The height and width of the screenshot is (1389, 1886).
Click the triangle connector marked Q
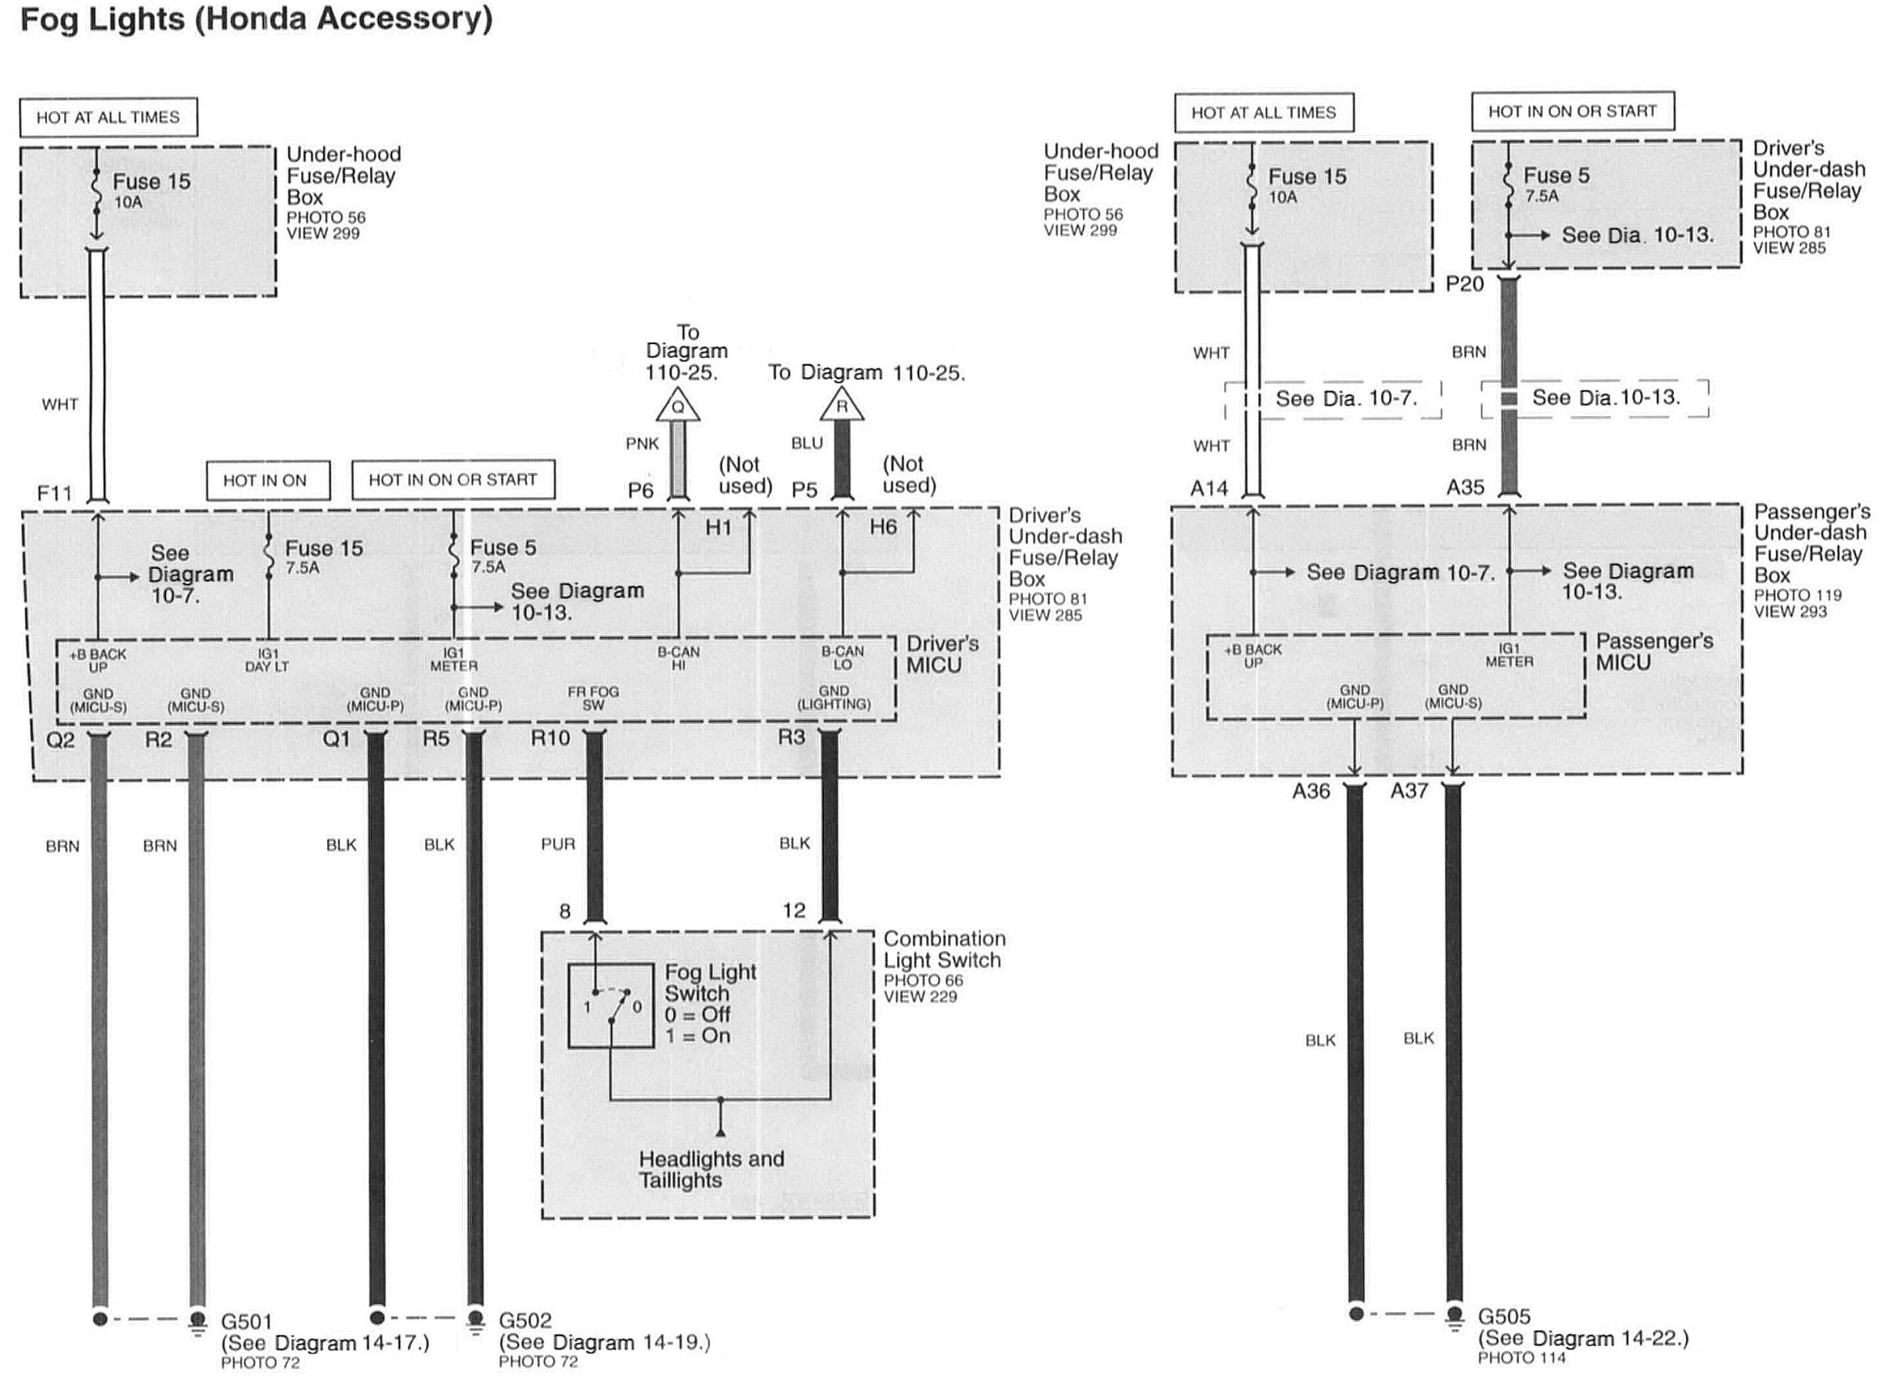pos(677,407)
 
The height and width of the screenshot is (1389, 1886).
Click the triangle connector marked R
pos(842,407)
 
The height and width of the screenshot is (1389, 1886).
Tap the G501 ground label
pos(246,1322)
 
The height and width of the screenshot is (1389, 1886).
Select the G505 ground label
pos(1503,1316)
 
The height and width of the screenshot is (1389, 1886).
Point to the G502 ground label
pos(525,1321)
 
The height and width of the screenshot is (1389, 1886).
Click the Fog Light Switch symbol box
pos(611,1005)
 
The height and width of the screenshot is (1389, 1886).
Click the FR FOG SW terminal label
pos(592,698)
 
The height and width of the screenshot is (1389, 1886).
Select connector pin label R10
pos(550,738)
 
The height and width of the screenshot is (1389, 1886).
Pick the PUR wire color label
pos(558,844)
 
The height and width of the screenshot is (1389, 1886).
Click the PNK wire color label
pos(642,444)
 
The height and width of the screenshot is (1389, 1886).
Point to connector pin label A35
pos(1465,487)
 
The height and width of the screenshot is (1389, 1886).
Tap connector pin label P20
pos(1464,284)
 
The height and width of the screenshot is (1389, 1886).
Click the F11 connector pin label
pos(55,492)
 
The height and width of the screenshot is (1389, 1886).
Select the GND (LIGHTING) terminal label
pos(833,698)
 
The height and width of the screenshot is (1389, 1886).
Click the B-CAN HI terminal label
pos(678,658)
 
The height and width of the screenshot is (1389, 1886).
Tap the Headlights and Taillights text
pos(711,1170)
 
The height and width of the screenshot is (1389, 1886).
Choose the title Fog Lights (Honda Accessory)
pos(256,19)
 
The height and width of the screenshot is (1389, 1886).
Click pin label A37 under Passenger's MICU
pos(1409,791)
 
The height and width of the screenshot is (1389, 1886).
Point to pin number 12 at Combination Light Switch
pos(794,911)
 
